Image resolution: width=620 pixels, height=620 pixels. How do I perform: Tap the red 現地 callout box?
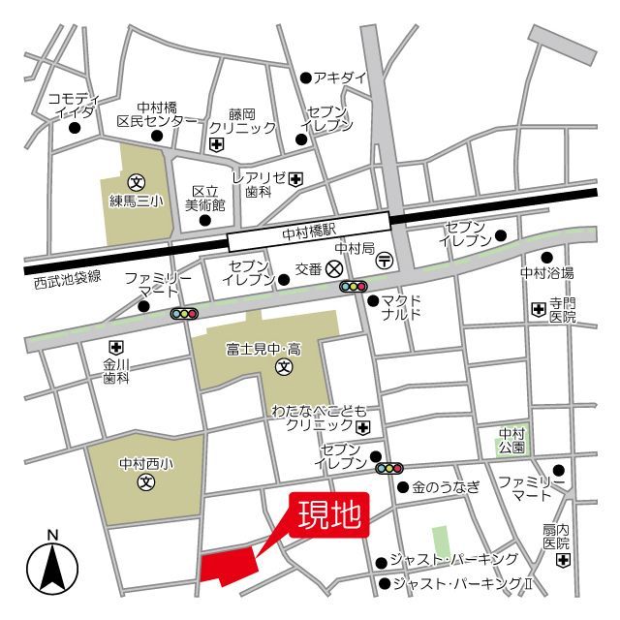pos(332,513)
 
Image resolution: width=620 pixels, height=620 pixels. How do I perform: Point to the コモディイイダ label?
pos(75,105)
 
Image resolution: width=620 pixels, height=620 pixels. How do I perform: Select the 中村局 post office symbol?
pos(385,261)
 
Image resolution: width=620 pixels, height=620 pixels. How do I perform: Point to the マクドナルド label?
pos(400,308)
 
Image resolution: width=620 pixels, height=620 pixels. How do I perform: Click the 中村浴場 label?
pos(547,272)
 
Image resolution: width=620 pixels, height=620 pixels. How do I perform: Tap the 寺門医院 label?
pos(563,310)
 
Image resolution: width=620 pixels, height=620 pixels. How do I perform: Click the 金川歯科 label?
pos(116,372)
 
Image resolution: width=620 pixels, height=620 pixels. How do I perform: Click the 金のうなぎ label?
pos(445,487)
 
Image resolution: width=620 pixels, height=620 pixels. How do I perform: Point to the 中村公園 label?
pos(511,441)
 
